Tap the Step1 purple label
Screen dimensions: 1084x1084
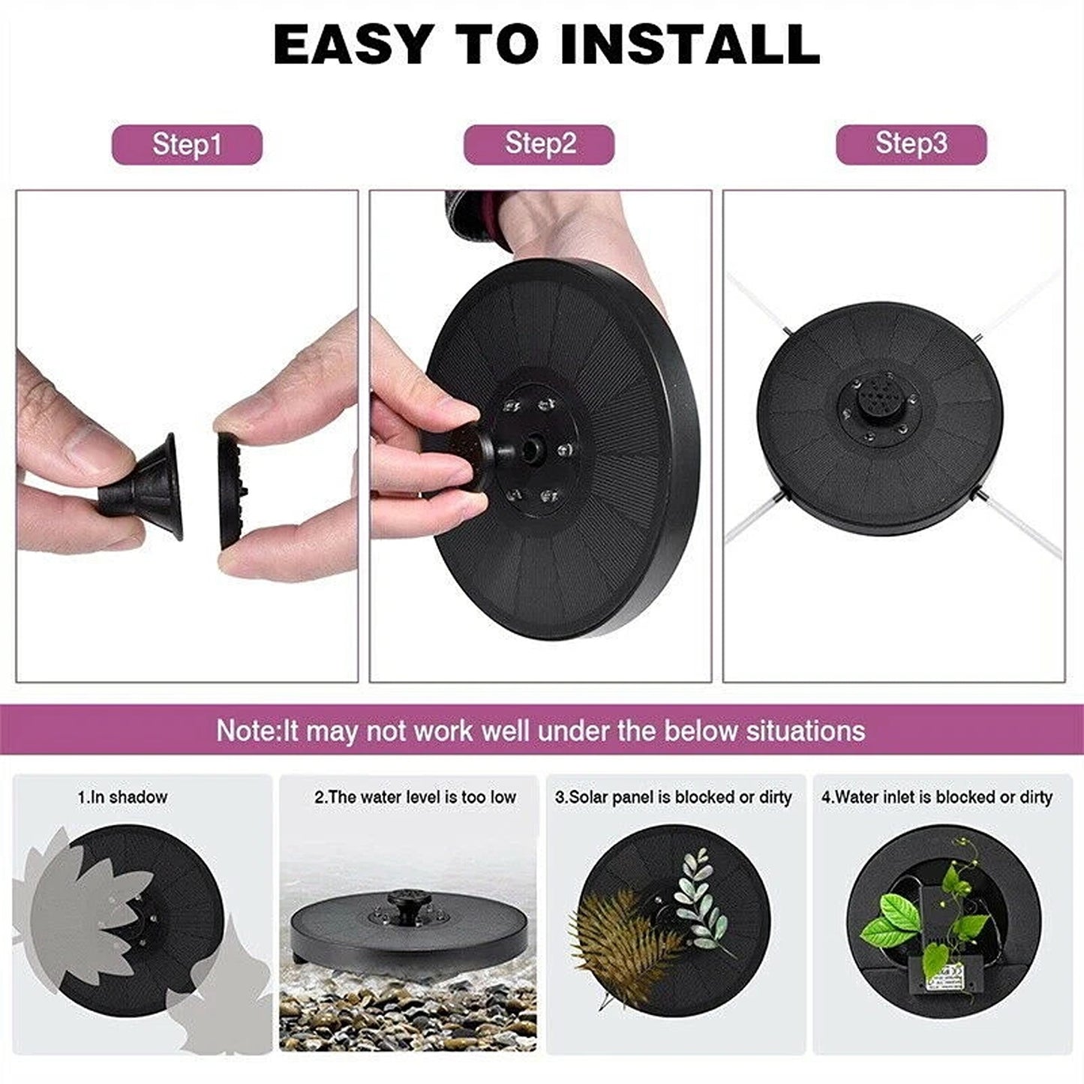pyautogui.click(x=187, y=145)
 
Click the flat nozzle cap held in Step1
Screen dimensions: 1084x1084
pyautogui.click(x=230, y=492)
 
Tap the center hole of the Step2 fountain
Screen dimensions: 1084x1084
pyautogui.click(x=531, y=449)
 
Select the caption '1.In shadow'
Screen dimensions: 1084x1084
pyautogui.click(x=122, y=797)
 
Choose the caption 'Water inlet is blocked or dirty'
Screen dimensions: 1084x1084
pyautogui.click(x=944, y=797)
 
